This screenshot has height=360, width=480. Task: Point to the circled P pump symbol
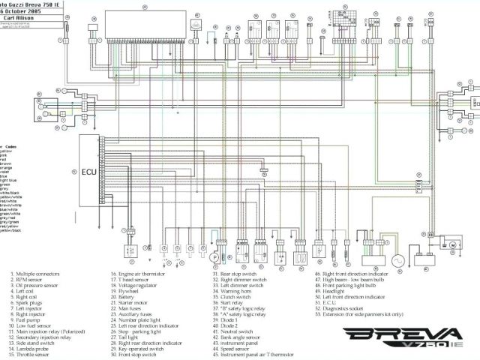(x=214, y=257)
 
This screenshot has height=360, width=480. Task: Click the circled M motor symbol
(x=454, y=244)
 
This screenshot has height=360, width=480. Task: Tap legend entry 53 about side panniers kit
(x=359, y=314)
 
